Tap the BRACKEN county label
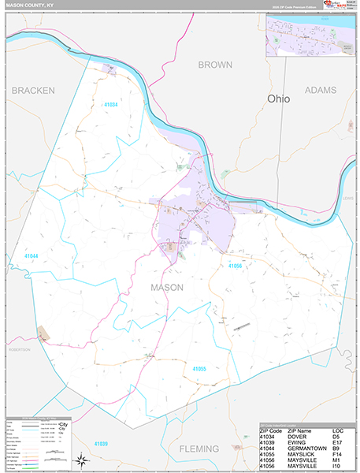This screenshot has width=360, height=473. click(x=33, y=91)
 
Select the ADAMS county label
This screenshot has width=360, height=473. click(x=320, y=91)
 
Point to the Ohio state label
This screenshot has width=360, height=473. click(x=278, y=99)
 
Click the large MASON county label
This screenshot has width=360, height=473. click(x=166, y=288)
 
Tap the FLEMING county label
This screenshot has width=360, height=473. click(x=198, y=449)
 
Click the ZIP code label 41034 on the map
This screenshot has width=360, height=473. click(x=111, y=104)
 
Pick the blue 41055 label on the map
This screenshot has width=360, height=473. click(x=199, y=368)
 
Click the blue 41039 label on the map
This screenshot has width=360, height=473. click(x=100, y=444)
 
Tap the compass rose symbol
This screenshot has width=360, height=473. click(x=80, y=460)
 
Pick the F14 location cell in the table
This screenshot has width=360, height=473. click(x=338, y=456)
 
